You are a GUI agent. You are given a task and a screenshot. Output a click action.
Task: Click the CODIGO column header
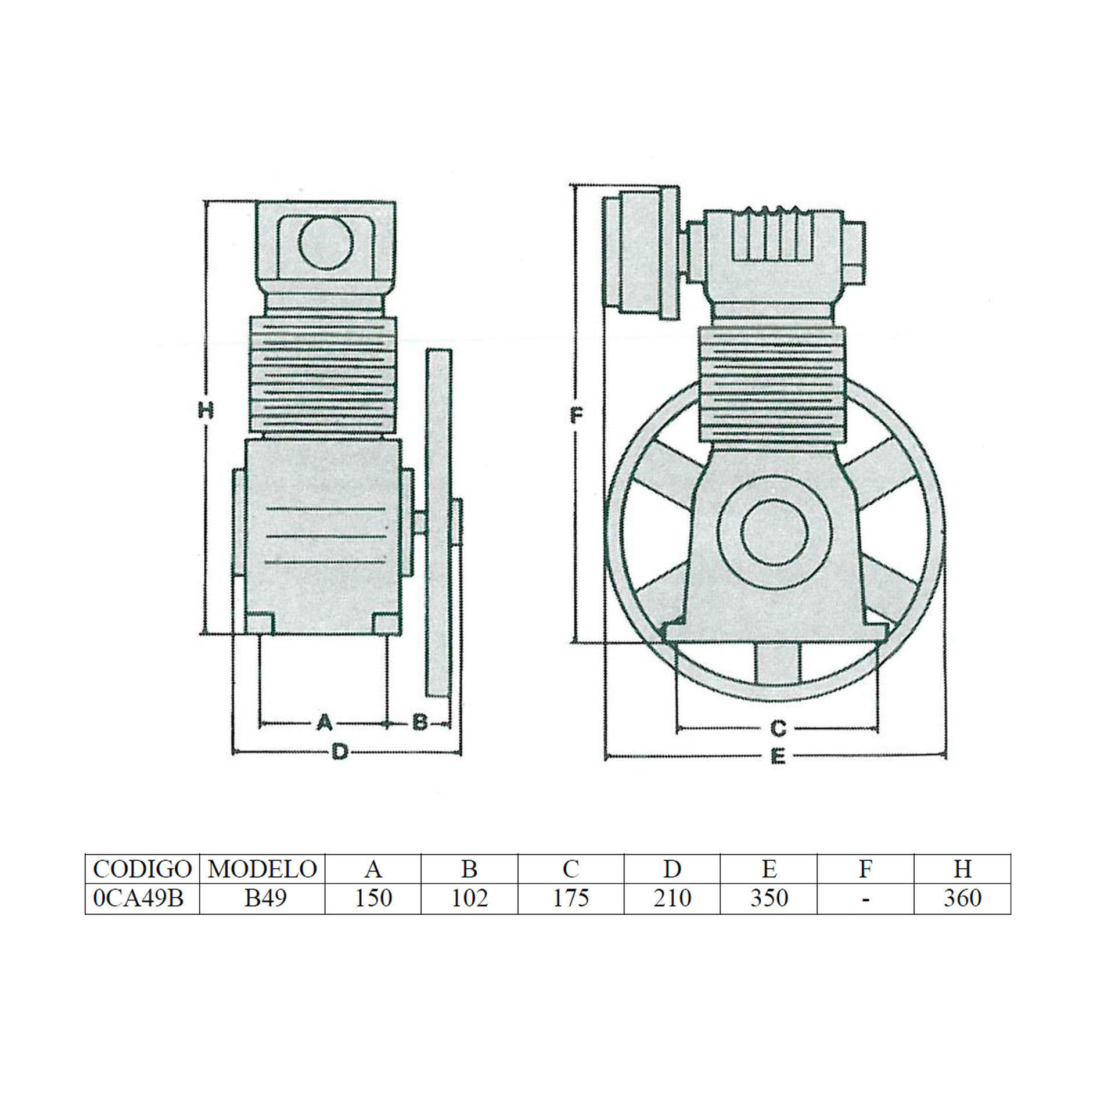point(142,869)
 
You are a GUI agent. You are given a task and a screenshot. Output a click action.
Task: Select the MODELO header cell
point(262,869)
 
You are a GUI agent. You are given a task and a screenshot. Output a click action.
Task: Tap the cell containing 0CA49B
point(138,898)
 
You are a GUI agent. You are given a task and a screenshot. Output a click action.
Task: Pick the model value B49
point(265,898)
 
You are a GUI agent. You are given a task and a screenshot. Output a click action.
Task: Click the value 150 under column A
point(374,898)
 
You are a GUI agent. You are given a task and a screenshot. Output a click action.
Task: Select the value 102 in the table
point(469,898)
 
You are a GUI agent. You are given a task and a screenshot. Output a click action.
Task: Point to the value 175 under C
point(571,898)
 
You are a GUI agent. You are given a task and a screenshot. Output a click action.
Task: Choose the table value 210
point(672,898)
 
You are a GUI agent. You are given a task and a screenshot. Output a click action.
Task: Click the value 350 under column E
point(769,898)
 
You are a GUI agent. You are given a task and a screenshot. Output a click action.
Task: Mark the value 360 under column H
point(962,898)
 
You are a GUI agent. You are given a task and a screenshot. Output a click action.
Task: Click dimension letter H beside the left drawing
point(206,411)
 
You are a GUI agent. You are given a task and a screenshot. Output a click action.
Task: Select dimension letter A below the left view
point(324,723)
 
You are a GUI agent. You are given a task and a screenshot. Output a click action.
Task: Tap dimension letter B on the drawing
point(419,723)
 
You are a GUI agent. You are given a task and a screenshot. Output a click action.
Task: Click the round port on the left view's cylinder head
point(326,243)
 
